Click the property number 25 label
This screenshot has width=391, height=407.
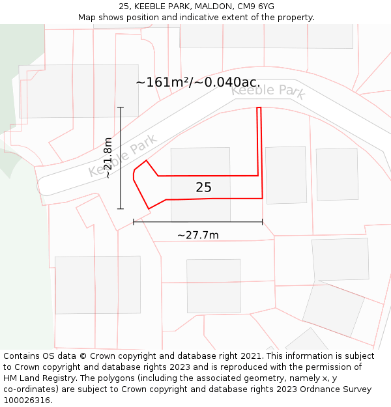(x=203, y=188)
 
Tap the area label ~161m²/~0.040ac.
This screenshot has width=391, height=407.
(x=197, y=83)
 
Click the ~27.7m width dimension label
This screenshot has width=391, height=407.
(x=197, y=235)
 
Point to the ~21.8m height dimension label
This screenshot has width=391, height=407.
(x=108, y=158)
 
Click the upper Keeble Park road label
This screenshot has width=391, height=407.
(x=268, y=91)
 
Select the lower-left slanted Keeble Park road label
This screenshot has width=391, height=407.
(x=123, y=156)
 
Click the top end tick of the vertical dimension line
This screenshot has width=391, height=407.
(x=120, y=107)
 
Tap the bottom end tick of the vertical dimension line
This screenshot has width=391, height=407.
(x=120, y=208)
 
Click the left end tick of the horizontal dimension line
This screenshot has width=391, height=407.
(x=134, y=222)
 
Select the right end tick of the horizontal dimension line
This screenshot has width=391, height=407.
(x=263, y=222)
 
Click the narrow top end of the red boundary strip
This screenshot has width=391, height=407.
(x=259, y=108)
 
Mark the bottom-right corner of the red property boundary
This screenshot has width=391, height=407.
(x=263, y=198)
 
